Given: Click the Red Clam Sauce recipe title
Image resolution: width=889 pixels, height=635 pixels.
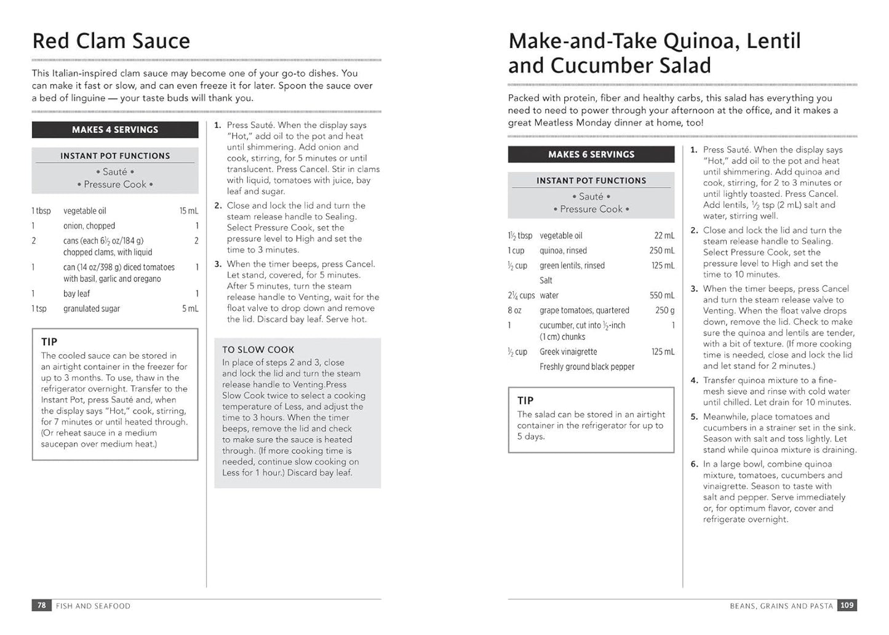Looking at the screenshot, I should pyautogui.click(x=111, y=41).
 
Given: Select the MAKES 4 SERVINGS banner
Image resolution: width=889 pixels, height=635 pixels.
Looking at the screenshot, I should pyautogui.click(x=115, y=130).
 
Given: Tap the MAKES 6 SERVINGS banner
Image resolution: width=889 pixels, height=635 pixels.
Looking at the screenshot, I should pyautogui.click(x=591, y=154).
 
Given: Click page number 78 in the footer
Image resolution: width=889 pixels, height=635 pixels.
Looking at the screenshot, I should pyautogui.click(x=41, y=605).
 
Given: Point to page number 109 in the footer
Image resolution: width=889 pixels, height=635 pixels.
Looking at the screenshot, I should pyautogui.click(x=847, y=605).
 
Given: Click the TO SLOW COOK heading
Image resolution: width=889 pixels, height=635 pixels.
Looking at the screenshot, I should pyautogui.click(x=258, y=349).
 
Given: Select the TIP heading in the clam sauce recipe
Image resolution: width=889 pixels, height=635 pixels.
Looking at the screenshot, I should pyautogui.click(x=49, y=342).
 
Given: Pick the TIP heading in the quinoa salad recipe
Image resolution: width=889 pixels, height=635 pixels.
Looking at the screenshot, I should pyautogui.click(x=525, y=401).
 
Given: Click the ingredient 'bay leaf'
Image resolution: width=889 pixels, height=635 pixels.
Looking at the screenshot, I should pyautogui.click(x=76, y=294).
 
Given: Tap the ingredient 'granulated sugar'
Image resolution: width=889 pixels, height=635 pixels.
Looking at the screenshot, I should pyautogui.click(x=92, y=309).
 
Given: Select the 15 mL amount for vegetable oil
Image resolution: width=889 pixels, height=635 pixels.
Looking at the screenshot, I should pyautogui.click(x=189, y=211).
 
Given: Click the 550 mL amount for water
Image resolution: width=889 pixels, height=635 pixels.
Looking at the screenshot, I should pyautogui.click(x=662, y=295).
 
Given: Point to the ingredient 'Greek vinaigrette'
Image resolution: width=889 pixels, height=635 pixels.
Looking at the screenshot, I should pyautogui.click(x=568, y=352).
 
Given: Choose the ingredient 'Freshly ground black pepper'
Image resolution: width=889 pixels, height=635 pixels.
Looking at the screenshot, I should pyautogui.click(x=587, y=367).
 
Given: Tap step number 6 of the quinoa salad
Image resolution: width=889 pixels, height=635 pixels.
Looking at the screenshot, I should pyautogui.click(x=694, y=465).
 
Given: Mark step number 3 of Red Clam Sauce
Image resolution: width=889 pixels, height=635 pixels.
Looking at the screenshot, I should pyautogui.click(x=218, y=265).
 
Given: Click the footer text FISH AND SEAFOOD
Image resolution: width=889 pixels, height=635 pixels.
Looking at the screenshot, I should pyautogui.click(x=93, y=606).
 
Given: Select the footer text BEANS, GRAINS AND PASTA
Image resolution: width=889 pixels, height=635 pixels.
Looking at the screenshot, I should pyautogui.click(x=781, y=606).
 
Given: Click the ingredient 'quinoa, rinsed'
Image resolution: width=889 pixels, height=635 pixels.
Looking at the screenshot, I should pyautogui.click(x=563, y=251).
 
